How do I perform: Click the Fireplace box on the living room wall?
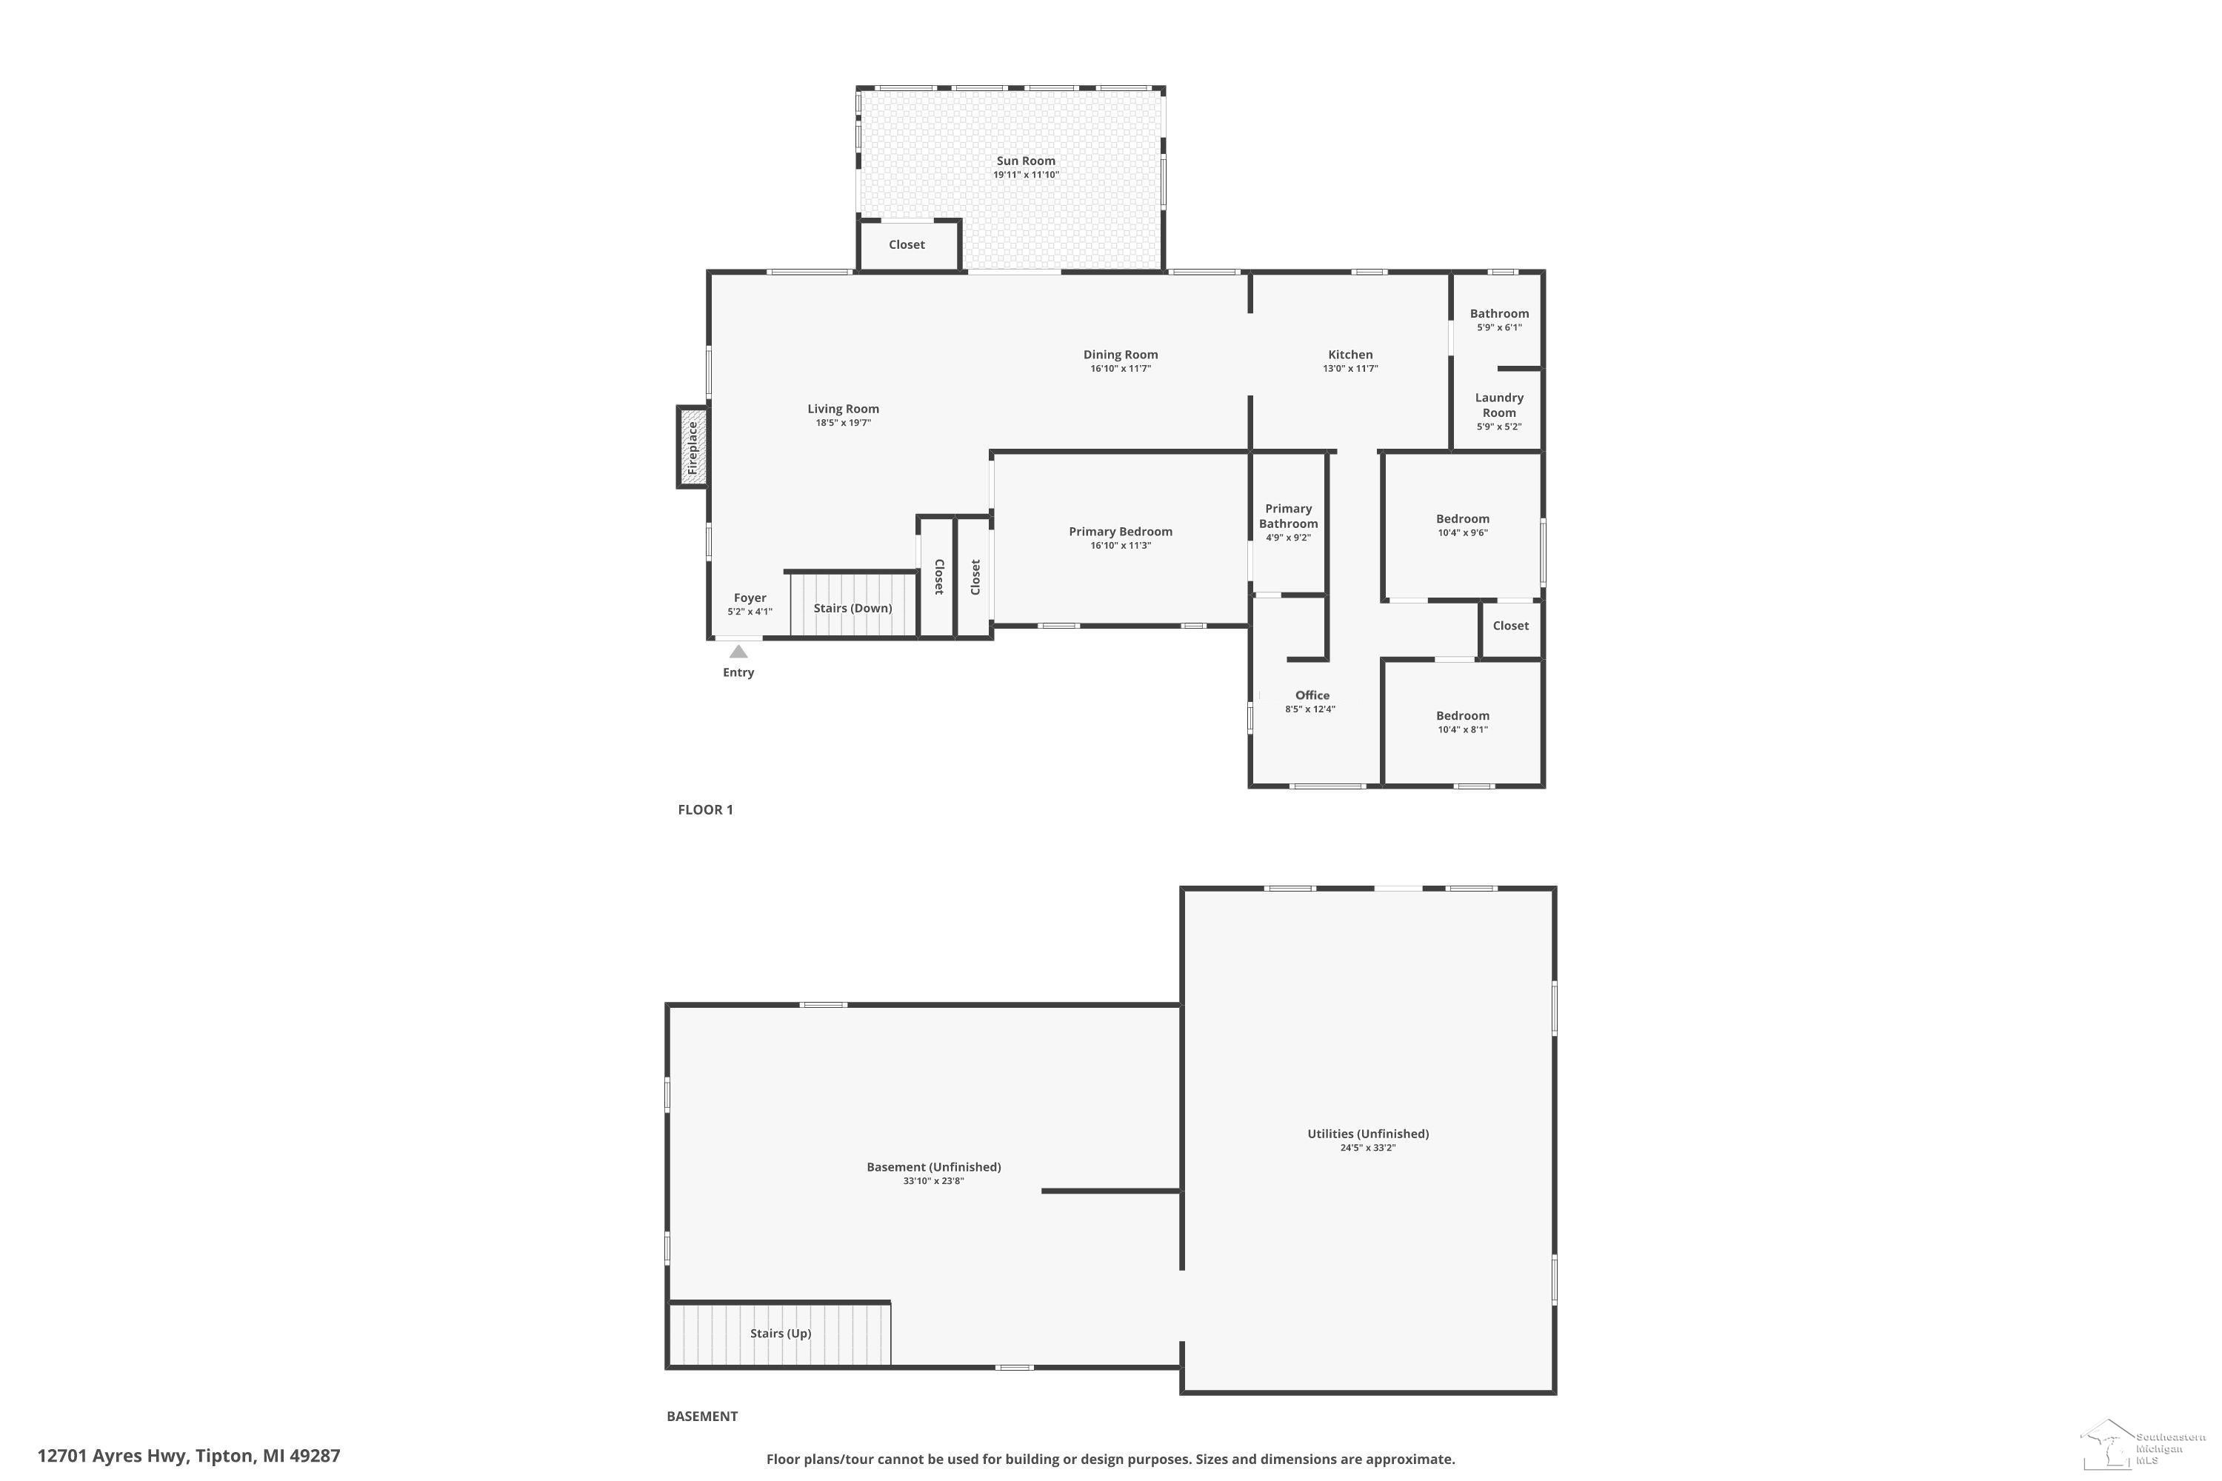click(693, 447)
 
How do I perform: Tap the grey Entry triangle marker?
click(738, 652)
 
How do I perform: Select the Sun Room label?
click(1026, 161)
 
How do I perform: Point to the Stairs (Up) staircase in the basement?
click(779, 1334)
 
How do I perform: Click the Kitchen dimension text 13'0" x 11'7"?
click(1350, 368)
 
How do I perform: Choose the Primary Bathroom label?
click(1289, 515)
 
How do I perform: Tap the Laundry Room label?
click(1499, 405)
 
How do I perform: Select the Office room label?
click(1312, 695)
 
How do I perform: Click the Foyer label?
click(750, 598)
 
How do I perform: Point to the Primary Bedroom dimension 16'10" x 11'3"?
click(1121, 545)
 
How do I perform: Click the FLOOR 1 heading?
click(706, 809)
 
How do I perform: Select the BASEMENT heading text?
click(702, 1416)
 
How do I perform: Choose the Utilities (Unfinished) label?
click(1368, 1134)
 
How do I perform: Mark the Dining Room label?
click(1121, 355)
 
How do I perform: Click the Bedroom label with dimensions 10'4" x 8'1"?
click(1462, 716)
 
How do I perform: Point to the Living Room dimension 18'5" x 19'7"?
click(844, 422)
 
